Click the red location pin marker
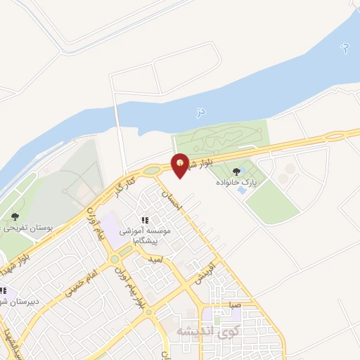pyautogui.click(x=181, y=165)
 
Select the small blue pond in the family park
pyautogui.click(x=242, y=190)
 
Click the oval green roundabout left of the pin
pyautogui.click(x=150, y=169)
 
